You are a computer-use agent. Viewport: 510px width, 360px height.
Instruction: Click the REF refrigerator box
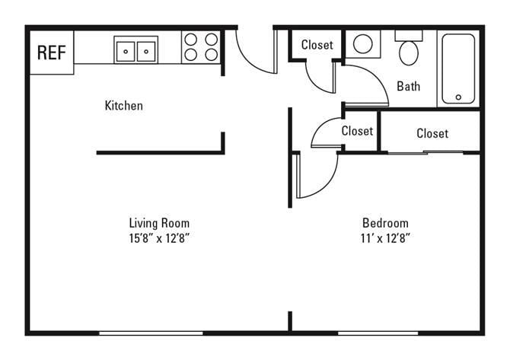pos(51,53)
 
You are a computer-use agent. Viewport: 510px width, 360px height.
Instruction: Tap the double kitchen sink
pos(136,50)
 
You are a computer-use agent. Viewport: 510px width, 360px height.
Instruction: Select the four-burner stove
pos(201,47)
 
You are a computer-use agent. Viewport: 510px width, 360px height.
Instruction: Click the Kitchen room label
pos(123,106)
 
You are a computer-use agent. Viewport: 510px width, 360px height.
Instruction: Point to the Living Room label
pos(158,223)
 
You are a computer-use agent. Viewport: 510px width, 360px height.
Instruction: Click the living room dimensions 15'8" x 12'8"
pos(158,237)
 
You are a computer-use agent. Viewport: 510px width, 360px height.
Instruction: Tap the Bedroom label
pos(384,223)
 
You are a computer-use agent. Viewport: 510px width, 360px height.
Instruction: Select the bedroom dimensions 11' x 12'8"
pos(384,237)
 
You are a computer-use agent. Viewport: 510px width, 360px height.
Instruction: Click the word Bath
pos(408,86)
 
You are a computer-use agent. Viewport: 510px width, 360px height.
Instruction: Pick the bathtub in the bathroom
pos(459,68)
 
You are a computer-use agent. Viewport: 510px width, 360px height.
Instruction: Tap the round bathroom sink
pos(363,44)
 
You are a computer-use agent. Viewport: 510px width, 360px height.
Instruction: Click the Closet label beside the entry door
pos(317,45)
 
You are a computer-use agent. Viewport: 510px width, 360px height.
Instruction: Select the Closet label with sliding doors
pos(432,133)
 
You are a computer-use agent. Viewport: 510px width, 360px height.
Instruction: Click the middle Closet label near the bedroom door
pos(356,131)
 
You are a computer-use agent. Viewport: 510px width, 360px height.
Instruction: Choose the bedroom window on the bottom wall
pos(378,333)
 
